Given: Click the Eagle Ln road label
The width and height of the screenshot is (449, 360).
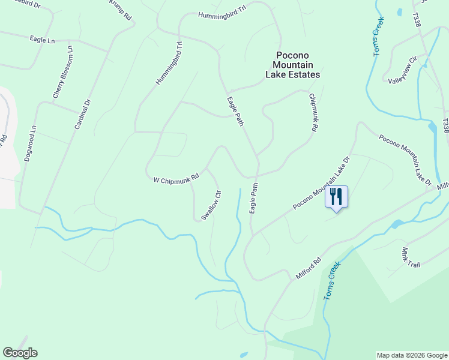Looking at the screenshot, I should click(42, 39).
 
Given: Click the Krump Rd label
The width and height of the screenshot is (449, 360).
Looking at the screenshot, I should click(121, 10).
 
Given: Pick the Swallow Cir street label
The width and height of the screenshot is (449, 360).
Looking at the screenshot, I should click(211, 205).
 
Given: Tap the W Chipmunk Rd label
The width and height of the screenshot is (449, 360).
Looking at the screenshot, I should click(176, 179).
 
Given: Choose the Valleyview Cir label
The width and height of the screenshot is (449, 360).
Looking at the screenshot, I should click(402, 71).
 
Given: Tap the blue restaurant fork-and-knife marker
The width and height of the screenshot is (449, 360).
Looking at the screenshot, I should click(336, 197).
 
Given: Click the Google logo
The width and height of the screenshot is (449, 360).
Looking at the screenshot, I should click(20, 353).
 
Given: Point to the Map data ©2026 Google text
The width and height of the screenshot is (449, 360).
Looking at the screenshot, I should click(412, 355).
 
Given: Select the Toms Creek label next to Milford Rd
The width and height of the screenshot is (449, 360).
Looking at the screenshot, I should click(332, 280).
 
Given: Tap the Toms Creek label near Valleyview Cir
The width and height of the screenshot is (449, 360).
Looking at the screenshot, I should click(379, 36).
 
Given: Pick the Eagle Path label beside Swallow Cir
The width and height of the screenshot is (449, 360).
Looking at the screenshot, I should click(254, 198).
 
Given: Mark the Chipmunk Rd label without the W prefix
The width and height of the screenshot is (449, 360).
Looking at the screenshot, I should click(313, 112).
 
